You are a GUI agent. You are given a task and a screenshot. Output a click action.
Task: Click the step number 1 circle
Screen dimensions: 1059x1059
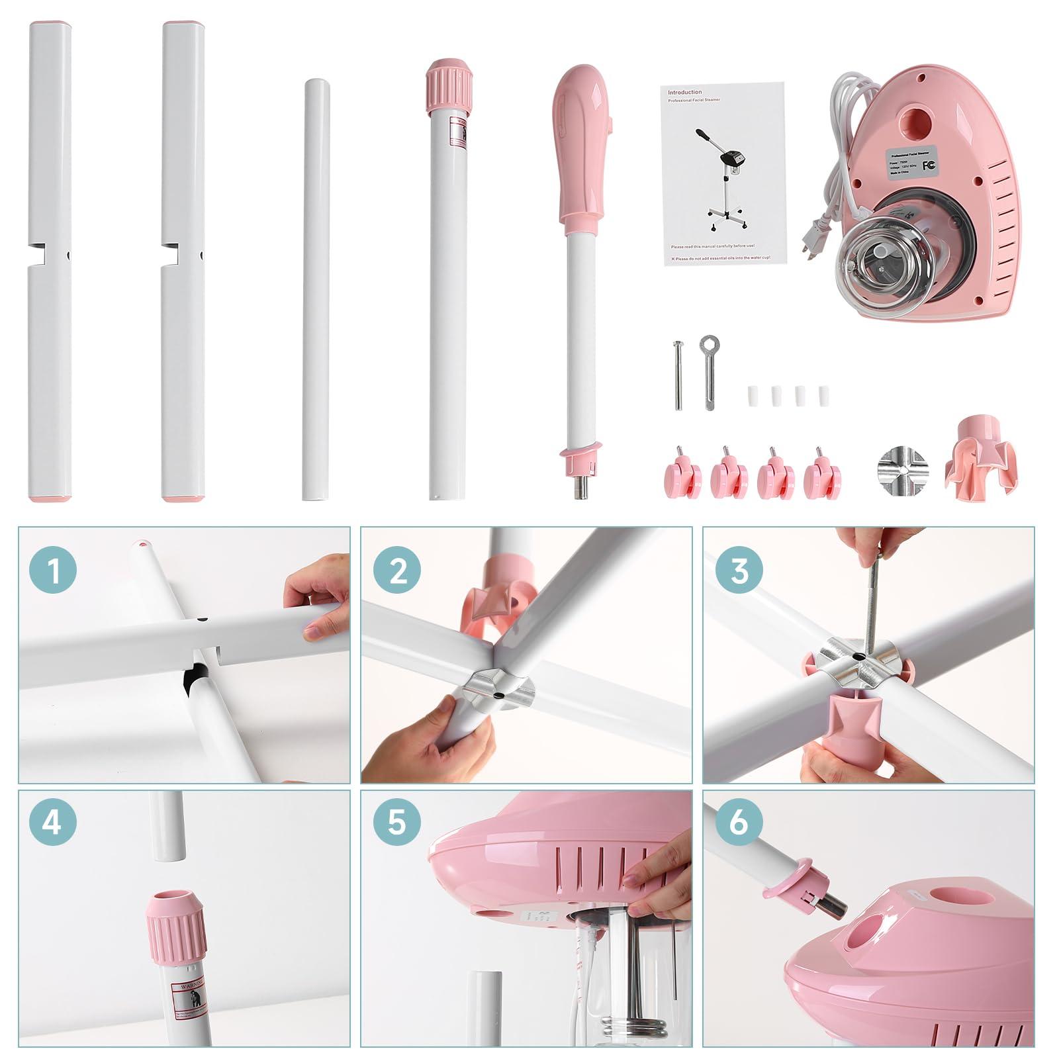tap(54, 571)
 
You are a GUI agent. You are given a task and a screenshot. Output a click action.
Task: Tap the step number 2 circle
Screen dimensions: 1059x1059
tap(398, 571)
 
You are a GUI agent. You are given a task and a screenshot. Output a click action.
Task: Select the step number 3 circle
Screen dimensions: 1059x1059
tap(739, 571)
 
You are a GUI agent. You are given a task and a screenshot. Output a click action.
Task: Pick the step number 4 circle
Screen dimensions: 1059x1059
tap(54, 823)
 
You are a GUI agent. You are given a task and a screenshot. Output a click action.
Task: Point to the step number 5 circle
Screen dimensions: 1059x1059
tap(398, 823)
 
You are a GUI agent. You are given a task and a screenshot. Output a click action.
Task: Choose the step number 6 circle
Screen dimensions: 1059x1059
tap(739, 823)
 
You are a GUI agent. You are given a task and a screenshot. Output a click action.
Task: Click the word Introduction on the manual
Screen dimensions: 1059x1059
tap(684, 93)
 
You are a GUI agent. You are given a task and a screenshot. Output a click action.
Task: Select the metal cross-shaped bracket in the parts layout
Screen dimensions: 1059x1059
tap(903, 465)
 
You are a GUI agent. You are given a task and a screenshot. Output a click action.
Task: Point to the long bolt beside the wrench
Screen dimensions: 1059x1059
tap(678, 375)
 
